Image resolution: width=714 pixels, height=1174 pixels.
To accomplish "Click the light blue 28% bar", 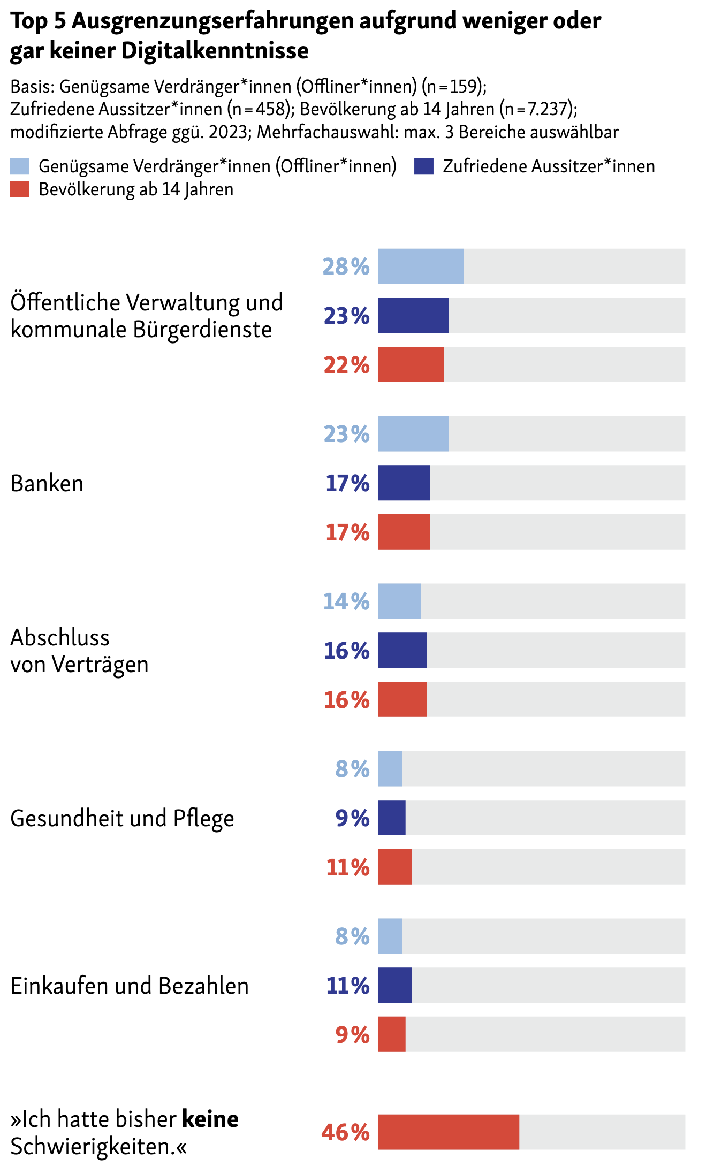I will [421, 266].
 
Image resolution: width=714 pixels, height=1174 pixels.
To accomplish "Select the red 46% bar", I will [448, 1132].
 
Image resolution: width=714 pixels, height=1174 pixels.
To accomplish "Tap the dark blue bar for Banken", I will [404, 483].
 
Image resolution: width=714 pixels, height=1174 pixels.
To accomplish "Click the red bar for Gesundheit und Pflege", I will [394, 866].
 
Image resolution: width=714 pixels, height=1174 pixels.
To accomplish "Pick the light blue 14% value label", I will [346, 601].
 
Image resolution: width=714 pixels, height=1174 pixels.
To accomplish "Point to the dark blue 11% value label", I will [348, 985].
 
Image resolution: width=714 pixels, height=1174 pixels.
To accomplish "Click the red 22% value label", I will [346, 365].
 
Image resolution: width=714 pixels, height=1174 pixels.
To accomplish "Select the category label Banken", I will [47, 483].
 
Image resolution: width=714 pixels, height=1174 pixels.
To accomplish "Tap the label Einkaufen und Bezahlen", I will [130, 986].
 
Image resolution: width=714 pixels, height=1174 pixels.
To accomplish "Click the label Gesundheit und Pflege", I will [122, 818].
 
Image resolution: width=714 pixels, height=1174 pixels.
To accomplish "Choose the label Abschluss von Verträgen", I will [79, 651].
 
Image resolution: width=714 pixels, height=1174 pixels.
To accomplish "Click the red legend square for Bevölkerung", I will [20, 189].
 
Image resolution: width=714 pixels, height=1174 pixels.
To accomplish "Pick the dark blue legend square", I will [423, 166].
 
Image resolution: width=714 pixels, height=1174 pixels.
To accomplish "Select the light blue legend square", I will [20, 166].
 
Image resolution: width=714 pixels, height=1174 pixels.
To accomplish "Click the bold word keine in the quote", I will [210, 1119].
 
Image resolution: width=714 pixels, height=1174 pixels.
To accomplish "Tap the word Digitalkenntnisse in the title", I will [215, 51].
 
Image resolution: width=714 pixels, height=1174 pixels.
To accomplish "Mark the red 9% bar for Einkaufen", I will [391, 1034].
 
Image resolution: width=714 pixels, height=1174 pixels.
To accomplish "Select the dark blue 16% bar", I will [402, 650].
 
